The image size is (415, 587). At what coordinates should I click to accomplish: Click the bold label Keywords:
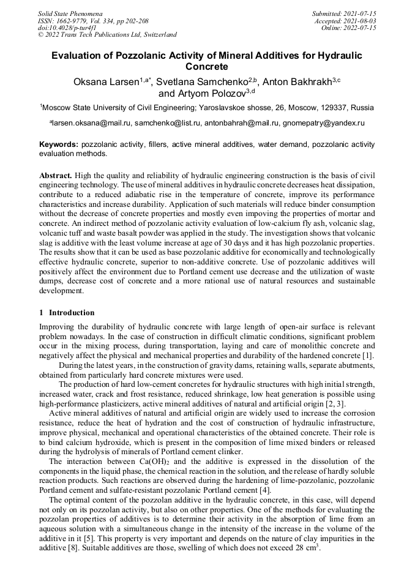point(59,144)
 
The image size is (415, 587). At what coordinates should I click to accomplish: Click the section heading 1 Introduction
point(67,313)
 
